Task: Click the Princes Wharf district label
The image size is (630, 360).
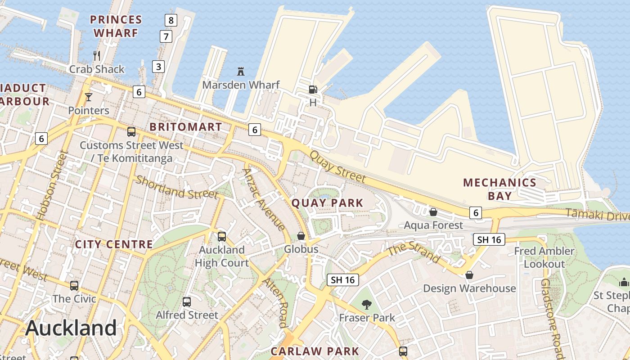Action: (116, 26)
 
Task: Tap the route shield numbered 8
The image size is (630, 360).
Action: (171, 20)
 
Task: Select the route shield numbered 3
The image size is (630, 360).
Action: (158, 67)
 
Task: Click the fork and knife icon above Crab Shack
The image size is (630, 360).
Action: (97, 56)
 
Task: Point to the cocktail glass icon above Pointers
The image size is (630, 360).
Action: (89, 97)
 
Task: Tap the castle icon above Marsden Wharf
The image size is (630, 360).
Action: (241, 71)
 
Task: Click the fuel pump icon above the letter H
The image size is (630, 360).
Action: (313, 89)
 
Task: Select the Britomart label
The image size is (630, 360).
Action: (186, 127)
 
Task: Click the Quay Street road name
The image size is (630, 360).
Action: (337, 166)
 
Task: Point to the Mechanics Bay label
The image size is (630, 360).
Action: (499, 189)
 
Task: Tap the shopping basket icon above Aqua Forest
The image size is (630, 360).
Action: (433, 211)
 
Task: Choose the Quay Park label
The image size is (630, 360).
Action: (327, 203)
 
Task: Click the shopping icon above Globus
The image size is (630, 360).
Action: (301, 236)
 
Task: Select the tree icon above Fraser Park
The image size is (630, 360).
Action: (367, 305)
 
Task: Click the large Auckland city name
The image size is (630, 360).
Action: (71, 328)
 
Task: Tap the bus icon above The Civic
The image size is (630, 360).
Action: (74, 285)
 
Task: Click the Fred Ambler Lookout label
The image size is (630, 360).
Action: (544, 257)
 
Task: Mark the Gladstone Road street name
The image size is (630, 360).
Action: (552, 318)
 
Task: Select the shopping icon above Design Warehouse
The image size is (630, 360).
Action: (469, 275)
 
